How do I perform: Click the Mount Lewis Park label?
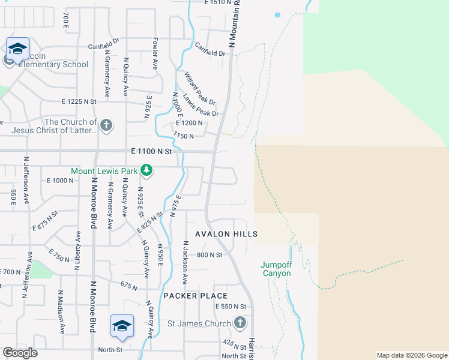point(104,171)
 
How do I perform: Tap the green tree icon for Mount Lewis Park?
point(146,172)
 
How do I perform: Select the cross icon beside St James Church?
point(240,323)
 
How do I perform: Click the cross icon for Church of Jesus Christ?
point(106,125)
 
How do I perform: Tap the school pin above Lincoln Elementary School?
point(17,48)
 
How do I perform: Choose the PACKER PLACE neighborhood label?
point(196,296)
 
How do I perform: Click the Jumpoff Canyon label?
point(276,269)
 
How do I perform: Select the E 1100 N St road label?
point(151,152)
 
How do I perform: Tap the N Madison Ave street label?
point(61,312)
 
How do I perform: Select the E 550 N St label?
point(231,307)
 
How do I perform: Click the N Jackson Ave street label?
point(185,262)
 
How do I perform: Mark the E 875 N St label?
point(45,221)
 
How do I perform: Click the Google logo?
point(20,353)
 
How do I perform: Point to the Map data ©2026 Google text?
point(412,355)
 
